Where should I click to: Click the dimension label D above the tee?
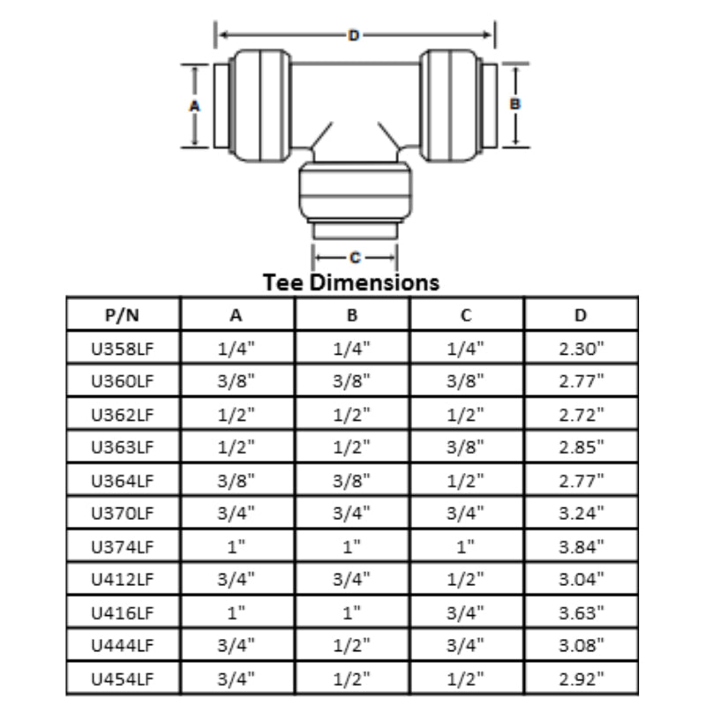pos(354,35)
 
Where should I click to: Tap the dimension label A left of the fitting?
pos(195,105)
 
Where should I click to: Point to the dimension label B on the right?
pos(516,103)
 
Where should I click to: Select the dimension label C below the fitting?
pos(355,258)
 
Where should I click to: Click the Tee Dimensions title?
pos(352,282)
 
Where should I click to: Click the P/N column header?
pos(124,315)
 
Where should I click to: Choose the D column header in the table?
pos(581,315)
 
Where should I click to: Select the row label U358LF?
pos(124,349)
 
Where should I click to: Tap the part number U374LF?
pos(124,547)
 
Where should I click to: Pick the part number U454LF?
pos(124,680)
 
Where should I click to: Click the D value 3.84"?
pos(581,547)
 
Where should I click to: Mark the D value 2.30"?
pos(581,349)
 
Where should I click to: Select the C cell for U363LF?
pos(467,447)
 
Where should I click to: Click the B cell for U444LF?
pos(352,646)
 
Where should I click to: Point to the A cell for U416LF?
pos(237,613)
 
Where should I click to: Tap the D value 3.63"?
pos(581,613)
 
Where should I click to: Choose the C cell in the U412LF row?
pos(467,580)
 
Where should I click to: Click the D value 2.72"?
pos(581,415)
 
